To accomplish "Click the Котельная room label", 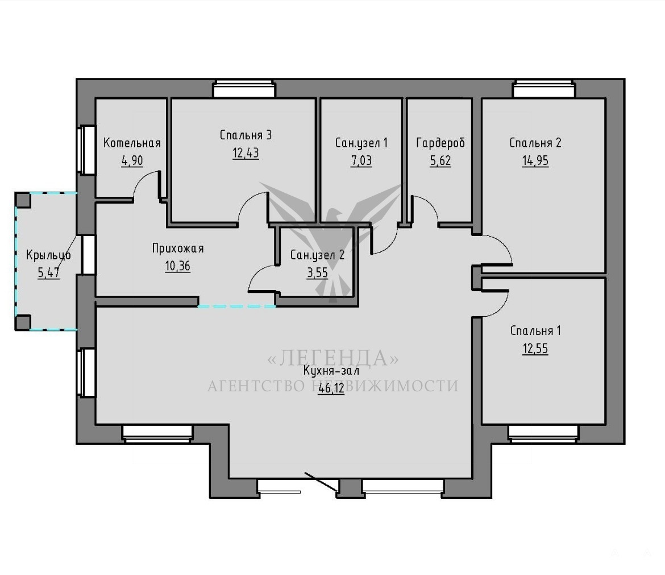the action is [132, 143].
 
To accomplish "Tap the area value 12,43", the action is [246, 153].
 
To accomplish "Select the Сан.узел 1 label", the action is [361, 143].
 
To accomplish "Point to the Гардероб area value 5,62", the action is [440, 161].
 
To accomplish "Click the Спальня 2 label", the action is [535, 143].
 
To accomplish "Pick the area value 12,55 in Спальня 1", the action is [535, 349].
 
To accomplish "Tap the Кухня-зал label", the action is [331, 371].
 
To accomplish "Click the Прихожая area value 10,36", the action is [178, 266].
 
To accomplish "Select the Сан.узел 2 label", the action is [317, 255].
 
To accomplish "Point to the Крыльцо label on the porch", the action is [48, 255].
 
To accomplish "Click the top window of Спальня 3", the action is [244, 89].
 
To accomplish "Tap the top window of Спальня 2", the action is [544, 89].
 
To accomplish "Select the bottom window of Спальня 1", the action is [543, 434].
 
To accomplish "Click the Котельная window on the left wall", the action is [87, 150].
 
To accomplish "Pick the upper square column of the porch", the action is [23, 200].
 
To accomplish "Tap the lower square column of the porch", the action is [23, 322].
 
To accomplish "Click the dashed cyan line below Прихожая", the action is [236, 306].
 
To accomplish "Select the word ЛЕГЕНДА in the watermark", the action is [333, 358].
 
